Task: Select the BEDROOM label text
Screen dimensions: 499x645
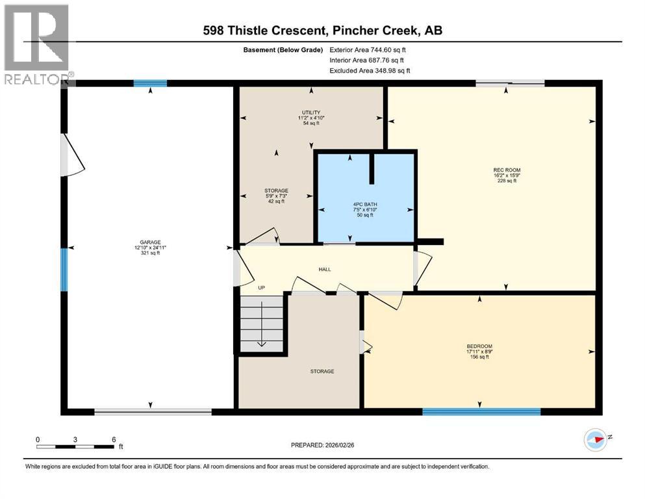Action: point(479,346)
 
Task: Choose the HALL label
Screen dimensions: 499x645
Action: point(325,268)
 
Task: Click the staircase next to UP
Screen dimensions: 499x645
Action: point(262,322)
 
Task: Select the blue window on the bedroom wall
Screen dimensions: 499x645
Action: point(481,411)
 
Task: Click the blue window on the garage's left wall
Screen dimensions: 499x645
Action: point(64,269)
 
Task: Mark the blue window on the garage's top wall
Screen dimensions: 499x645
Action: point(150,83)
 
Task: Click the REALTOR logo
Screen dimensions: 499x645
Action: point(36,45)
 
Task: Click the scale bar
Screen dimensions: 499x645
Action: point(75,446)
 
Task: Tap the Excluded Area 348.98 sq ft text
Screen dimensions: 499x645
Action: point(370,70)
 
